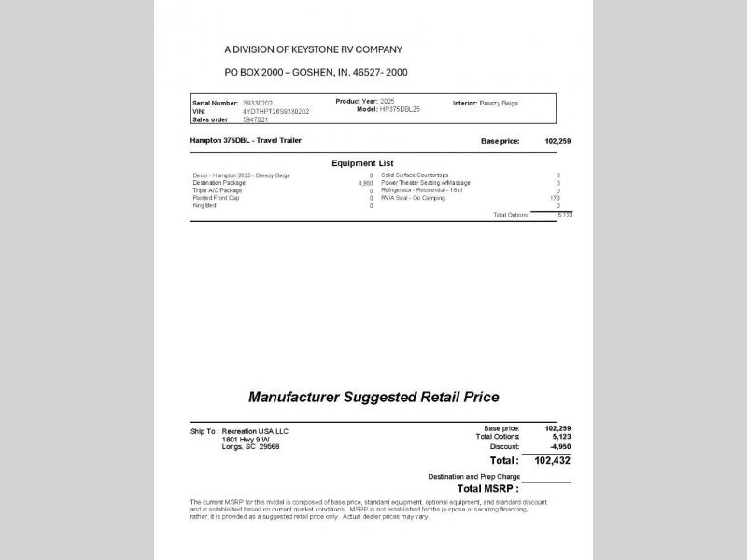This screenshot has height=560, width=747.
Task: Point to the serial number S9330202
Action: pos(258,103)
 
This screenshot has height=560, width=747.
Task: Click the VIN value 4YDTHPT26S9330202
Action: pos(275,111)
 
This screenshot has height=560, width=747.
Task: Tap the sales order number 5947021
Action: pos(256,119)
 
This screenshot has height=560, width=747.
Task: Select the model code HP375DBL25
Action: pos(401,109)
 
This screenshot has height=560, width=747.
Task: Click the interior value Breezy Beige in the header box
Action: pos(499,103)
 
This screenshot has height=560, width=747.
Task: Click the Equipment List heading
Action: pos(363,163)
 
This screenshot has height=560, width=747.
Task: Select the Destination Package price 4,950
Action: pos(365,183)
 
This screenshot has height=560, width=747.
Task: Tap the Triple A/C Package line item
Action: pos(217,190)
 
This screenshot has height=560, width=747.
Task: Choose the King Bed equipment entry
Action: pos(204,205)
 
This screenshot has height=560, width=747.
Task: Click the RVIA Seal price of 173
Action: pos(555,198)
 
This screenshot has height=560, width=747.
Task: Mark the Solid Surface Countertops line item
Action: pos(415,175)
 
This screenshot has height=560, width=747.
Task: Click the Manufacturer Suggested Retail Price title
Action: pos(373,397)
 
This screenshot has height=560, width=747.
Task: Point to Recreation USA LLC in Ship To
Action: pos(256,432)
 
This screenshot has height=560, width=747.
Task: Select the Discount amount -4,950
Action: pos(559,445)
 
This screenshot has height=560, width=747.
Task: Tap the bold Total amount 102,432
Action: pos(552,460)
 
